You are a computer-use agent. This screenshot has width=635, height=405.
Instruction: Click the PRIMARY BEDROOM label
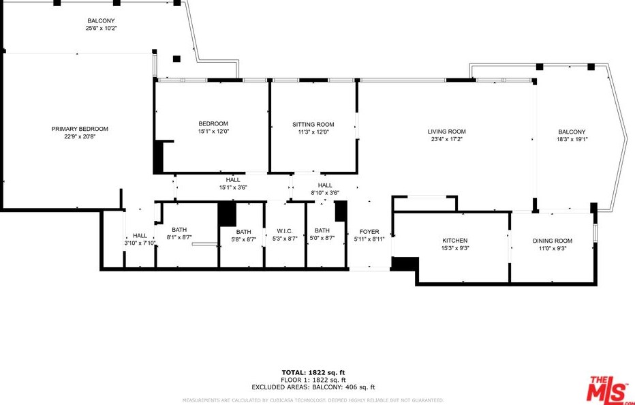click(80, 129)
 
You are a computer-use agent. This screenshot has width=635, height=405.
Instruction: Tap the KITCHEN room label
click(454, 241)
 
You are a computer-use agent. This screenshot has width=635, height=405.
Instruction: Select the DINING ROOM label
click(552, 241)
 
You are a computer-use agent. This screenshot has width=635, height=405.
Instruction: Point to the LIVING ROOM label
click(446, 132)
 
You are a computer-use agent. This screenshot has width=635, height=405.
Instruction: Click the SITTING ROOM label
click(313, 124)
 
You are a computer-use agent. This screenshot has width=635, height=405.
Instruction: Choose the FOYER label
click(369, 232)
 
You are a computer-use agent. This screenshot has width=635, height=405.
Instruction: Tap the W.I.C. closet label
click(285, 230)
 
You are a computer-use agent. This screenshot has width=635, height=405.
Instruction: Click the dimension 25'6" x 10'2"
click(101, 29)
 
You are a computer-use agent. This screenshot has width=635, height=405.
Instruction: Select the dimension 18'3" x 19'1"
click(572, 140)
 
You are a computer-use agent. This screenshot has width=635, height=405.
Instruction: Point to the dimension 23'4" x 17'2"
click(446, 140)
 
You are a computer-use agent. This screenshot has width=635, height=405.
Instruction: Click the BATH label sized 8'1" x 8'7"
click(179, 230)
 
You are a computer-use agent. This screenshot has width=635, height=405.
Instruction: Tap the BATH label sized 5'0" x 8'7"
click(322, 230)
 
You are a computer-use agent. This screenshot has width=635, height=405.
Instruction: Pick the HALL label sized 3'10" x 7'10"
click(140, 235)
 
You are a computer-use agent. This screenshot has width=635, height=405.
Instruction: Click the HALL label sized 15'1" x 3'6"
click(232, 179)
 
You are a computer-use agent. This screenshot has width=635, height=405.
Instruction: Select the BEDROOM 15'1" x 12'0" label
click(213, 123)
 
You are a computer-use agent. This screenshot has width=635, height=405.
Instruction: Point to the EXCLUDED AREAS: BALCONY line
click(313, 387)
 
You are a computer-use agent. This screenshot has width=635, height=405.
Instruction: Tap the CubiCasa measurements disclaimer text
click(313, 400)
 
